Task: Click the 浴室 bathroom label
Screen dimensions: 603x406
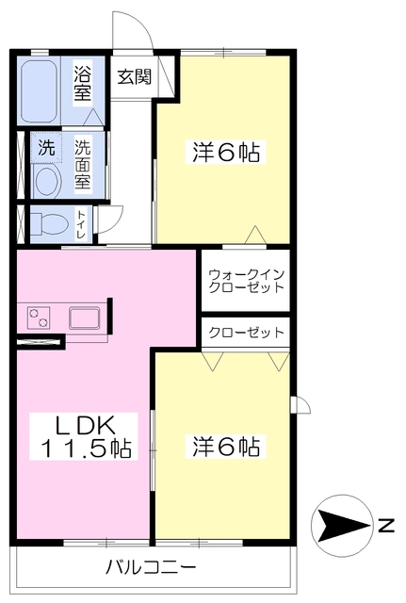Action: (x=85, y=81)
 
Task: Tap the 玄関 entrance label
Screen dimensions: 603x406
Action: (x=133, y=78)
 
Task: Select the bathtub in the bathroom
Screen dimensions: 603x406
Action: (x=45, y=91)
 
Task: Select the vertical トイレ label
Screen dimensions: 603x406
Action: (x=83, y=224)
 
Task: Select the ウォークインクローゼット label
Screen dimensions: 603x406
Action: (x=246, y=280)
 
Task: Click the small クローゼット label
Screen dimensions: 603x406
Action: (x=246, y=333)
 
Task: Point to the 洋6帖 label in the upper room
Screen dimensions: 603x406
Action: (x=226, y=150)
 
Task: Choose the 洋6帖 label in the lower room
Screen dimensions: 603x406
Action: (x=226, y=445)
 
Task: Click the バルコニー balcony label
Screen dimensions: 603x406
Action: (x=151, y=568)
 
